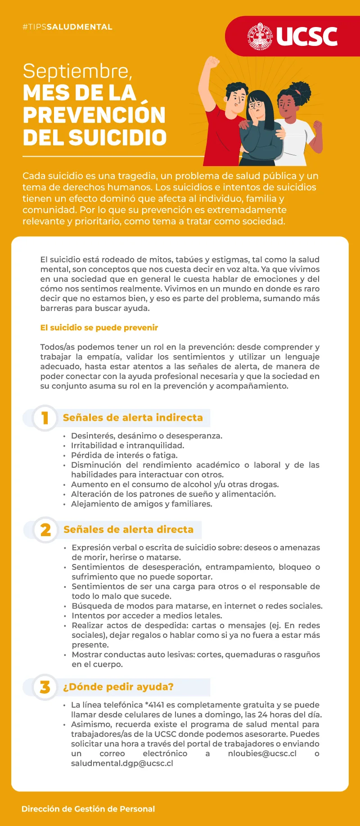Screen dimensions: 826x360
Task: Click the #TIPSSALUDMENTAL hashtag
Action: tap(67, 27)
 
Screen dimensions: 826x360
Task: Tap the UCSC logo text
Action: tap(307, 37)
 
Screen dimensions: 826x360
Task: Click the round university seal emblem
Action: tap(260, 36)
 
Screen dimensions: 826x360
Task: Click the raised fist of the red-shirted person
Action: tap(211, 63)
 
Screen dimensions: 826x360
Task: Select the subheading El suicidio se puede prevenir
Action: tap(99, 328)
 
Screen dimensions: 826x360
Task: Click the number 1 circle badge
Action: tap(45, 418)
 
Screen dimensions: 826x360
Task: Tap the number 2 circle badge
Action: tap(45, 530)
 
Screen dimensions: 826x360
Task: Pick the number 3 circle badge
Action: tap(45, 687)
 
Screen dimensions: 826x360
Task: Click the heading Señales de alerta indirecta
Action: tap(133, 418)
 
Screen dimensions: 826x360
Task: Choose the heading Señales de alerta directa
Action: tap(128, 530)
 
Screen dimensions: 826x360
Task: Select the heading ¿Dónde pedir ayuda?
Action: tap(118, 687)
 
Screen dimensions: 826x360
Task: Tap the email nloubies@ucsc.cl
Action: tap(262, 754)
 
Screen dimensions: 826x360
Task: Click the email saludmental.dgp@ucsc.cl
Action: tap(122, 763)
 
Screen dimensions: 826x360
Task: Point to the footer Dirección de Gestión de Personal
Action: tap(88, 809)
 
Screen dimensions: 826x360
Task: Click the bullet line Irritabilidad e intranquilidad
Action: tap(127, 446)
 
